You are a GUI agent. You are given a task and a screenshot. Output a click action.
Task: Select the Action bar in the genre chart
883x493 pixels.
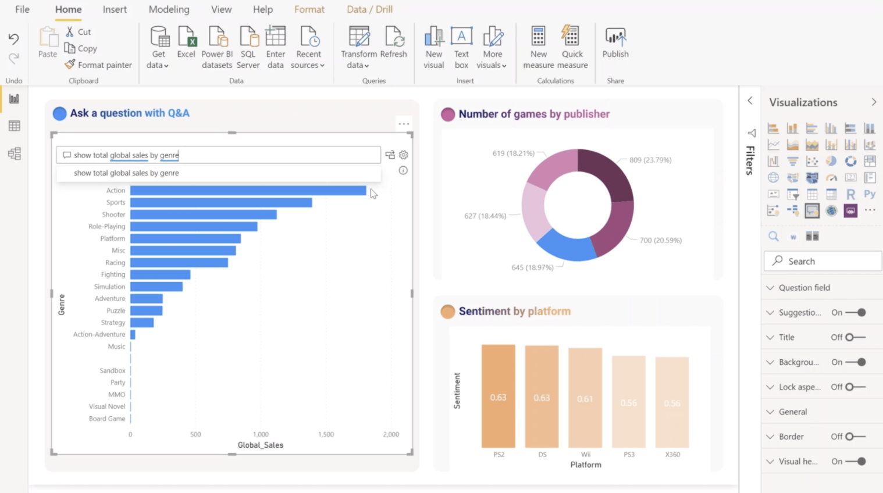[248, 191]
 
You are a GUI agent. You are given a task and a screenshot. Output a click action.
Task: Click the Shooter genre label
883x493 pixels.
[113, 215]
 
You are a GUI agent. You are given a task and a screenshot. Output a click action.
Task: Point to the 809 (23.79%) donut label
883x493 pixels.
[650, 160]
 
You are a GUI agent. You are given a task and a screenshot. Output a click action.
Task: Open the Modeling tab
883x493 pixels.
[169, 9]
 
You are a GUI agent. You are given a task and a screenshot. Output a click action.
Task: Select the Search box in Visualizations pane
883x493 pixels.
[823, 261]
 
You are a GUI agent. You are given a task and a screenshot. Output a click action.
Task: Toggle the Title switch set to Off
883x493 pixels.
[855, 337]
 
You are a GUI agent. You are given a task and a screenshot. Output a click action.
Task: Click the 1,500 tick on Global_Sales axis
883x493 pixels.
[326, 434]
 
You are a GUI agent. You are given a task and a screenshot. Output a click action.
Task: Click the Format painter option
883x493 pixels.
[98, 65]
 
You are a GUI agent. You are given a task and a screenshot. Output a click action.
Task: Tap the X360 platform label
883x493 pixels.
[672, 455]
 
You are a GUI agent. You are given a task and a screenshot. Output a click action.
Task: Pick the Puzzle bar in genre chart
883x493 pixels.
[146, 310]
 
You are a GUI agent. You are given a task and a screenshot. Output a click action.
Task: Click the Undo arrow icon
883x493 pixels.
[13, 39]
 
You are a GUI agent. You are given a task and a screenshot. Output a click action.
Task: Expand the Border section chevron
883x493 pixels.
[770, 437]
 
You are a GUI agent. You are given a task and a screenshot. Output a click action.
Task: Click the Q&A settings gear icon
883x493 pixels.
[404, 155]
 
